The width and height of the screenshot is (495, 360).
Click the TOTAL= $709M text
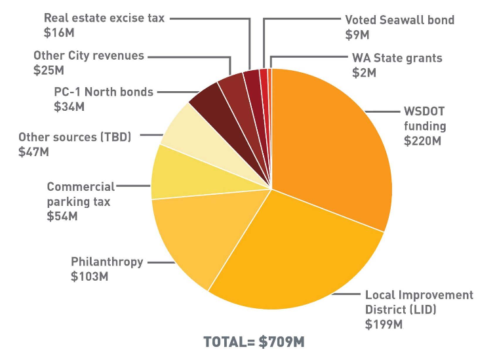(254, 342)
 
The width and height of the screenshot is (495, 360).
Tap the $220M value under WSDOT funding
(422, 140)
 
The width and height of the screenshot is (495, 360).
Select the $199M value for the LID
(384, 325)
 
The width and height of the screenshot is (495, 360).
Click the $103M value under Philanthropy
(89, 276)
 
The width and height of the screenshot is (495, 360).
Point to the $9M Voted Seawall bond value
(357, 35)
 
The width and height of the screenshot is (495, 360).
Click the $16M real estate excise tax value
(59, 33)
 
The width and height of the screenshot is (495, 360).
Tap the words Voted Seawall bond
(400, 20)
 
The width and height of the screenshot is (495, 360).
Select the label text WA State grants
(397, 58)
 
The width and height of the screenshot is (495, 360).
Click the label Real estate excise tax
(104, 18)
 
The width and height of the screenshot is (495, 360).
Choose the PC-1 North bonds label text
(104, 92)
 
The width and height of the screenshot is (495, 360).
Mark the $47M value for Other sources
(34, 152)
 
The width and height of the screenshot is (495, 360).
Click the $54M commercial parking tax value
(62, 216)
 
